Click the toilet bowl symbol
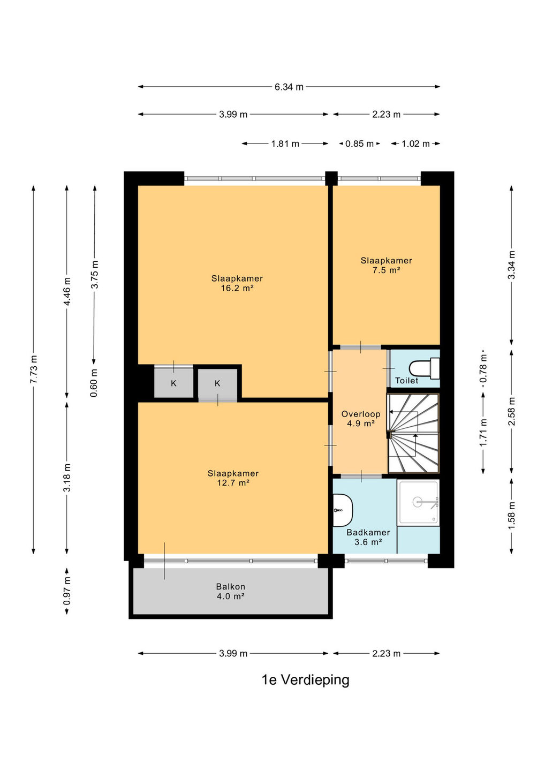[424, 368]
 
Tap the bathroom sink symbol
[342, 510]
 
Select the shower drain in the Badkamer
[418, 502]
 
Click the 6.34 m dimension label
[289, 87]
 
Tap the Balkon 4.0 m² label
[231, 591]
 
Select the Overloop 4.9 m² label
[361, 419]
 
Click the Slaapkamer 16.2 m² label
[237, 283]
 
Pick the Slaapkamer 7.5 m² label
[386, 265]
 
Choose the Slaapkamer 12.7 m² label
[233, 478]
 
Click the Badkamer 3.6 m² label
[368, 538]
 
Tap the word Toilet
[407, 380]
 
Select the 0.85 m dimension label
[359, 143]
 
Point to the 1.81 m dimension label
[285, 143]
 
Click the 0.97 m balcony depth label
[67, 591]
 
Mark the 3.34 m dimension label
[512, 264]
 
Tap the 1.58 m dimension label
[512, 516]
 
